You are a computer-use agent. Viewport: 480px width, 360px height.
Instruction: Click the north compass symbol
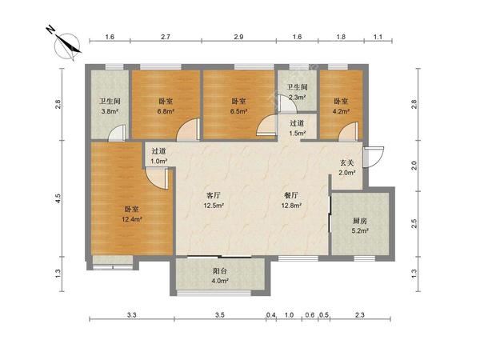[x=67, y=46]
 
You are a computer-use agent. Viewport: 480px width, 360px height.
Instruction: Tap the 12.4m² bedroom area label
[x=132, y=219]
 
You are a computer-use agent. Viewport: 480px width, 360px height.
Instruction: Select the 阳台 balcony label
[x=220, y=271]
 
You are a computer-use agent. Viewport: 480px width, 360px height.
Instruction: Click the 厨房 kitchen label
[x=360, y=221]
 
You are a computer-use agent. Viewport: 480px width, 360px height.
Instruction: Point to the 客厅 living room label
[x=214, y=195]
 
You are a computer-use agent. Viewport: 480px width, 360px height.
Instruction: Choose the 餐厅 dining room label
[x=291, y=195]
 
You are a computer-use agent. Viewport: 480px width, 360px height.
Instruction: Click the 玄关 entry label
[x=347, y=162]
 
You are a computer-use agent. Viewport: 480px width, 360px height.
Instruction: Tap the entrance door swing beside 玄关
[x=373, y=157]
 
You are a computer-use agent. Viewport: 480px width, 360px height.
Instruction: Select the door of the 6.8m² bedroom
[x=189, y=130]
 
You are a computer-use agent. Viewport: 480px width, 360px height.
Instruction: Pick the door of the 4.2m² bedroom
[x=348, y=132]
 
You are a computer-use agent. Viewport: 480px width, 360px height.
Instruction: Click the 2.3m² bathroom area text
[x=298, y=98]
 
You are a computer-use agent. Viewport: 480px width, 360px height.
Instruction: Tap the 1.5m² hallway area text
[x=298, y=133]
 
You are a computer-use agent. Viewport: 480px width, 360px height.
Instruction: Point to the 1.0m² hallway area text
[x=158, y=161]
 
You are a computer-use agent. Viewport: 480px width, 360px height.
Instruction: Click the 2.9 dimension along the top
[x=238, y=37]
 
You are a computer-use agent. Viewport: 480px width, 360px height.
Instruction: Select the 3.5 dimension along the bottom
[x=220, y=314]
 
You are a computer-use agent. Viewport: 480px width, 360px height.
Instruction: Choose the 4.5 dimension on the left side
[x=58, y=198]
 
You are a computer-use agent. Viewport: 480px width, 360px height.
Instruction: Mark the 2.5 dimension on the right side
[x=414, y=223]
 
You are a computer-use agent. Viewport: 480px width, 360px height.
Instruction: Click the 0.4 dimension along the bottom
[x=271, y=314]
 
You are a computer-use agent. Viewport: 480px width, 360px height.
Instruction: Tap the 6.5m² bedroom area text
[x=238, y=111]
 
